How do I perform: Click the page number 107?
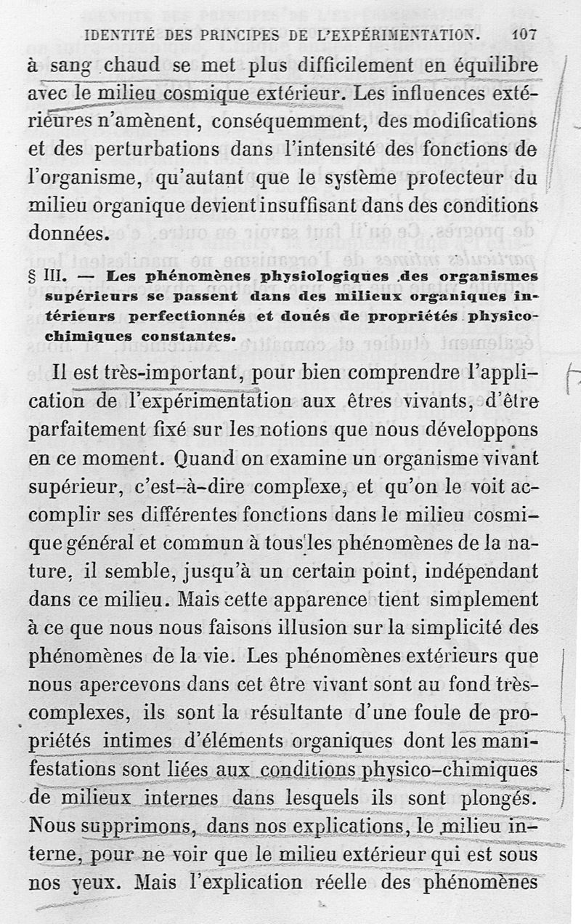[524, 34]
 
